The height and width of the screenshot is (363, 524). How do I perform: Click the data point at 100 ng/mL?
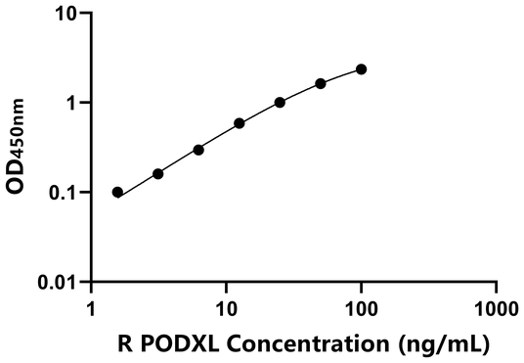pos(362,68)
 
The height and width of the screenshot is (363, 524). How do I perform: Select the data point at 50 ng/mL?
pos(321,83)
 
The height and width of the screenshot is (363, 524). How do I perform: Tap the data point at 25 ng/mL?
pos(280,102)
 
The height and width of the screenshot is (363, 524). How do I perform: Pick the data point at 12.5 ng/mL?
pos(240,123)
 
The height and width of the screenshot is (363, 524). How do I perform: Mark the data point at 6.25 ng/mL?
pos(198,150)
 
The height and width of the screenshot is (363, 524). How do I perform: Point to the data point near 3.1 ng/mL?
pos(157,173)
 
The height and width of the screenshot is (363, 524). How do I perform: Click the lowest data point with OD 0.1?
pos(117,192)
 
